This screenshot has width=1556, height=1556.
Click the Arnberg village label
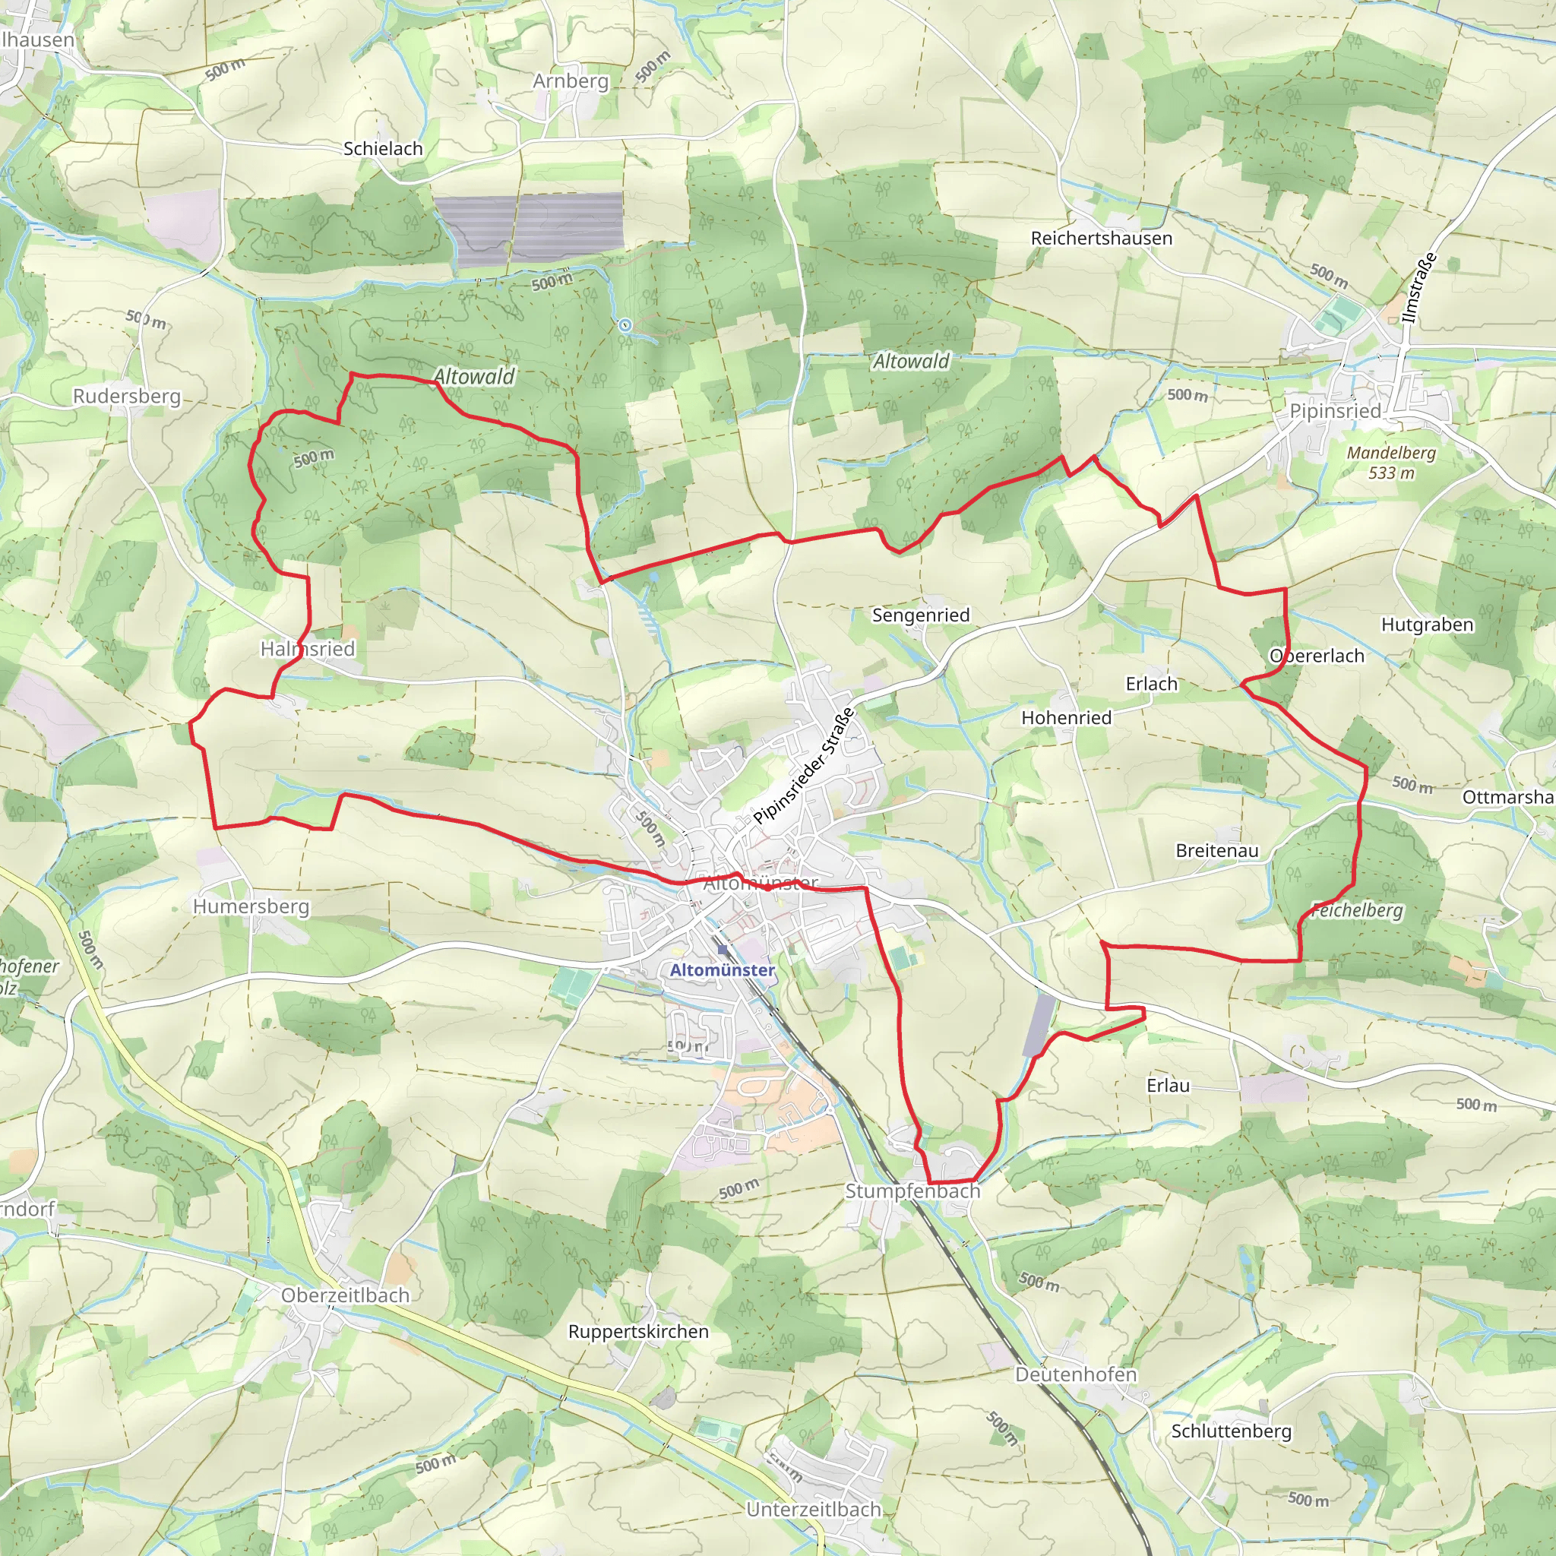571,81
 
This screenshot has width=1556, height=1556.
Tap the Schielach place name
383,149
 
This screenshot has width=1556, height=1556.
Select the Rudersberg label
126,397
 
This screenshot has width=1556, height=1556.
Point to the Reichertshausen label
1101,239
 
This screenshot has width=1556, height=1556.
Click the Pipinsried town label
1334,411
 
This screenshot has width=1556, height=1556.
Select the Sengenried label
921,615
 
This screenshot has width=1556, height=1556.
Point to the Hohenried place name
1066,717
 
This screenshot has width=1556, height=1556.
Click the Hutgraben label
1427,625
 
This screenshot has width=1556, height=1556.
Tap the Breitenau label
1217,850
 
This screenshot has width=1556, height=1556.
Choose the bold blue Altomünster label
723,970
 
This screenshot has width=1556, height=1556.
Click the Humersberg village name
251,907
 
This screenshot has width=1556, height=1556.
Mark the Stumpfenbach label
912,1191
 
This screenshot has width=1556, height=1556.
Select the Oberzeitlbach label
345,1295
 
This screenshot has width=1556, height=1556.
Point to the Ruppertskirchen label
639,1332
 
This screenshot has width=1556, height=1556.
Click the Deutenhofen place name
1075,1374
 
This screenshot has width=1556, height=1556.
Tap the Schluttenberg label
1231,1431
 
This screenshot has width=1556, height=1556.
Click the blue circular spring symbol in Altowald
625,325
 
